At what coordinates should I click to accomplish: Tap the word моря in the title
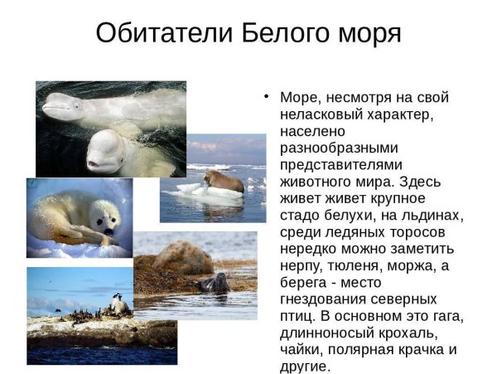click(x=365, y=35)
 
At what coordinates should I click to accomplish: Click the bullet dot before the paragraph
click(x=267, y=96)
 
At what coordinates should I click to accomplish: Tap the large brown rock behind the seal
click(x=182, y=258)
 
